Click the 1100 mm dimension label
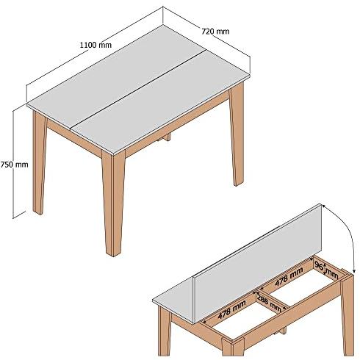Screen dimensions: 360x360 96,45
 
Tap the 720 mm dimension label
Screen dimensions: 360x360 215,32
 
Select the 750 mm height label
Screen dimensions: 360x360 14,165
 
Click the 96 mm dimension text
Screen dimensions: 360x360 326,270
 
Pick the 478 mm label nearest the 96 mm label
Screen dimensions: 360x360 289,276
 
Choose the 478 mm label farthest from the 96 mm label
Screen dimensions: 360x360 231,309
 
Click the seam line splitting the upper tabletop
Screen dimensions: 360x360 137,90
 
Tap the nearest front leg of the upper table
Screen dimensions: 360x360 113,204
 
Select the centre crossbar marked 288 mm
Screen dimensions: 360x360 271,300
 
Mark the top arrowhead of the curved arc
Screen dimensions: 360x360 324,206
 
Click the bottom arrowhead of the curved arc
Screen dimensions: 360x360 353,271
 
